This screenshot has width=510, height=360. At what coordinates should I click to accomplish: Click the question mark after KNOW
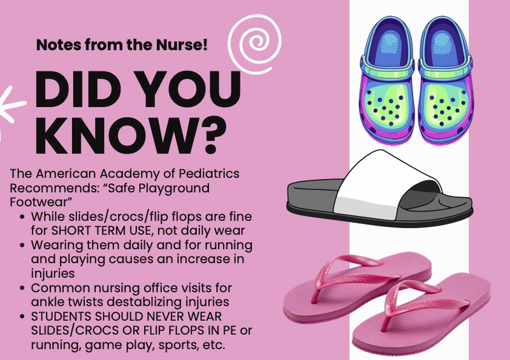pos(212,135)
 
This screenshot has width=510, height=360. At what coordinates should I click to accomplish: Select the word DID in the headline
pos(73,89)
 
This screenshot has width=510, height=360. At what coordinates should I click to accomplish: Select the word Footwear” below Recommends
pos(41,202)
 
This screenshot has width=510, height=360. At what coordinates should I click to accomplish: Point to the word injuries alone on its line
pos(53,273)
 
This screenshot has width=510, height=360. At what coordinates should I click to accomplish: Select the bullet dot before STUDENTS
pos(22,317)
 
